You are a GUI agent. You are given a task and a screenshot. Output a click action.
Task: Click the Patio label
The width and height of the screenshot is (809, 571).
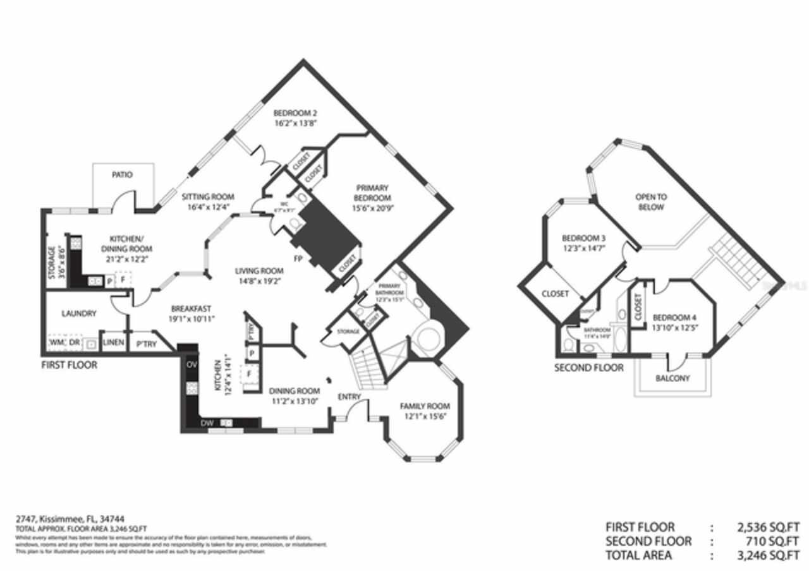point(123,174)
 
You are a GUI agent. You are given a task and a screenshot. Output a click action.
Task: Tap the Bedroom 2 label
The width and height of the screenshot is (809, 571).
point(295,113)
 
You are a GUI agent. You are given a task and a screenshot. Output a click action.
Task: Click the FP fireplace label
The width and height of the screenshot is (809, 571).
point(297,259)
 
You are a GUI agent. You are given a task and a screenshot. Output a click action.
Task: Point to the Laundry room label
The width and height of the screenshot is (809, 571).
point(79,313)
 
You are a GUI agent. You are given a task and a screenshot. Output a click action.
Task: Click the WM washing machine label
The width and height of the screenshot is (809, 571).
point(56,342)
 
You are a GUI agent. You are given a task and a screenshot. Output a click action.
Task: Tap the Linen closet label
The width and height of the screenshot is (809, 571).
point(113,342)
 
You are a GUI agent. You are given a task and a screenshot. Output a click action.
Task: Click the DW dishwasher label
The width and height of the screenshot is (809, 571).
point(207,423)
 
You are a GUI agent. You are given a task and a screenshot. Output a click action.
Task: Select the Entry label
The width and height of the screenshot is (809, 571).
point(349,397)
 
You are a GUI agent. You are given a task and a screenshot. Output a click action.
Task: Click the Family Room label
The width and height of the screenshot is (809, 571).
point(424,406)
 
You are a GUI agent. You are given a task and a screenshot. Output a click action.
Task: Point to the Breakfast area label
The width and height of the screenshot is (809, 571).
point(191,309)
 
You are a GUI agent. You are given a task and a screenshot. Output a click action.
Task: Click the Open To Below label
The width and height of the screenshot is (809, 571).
point(651,202)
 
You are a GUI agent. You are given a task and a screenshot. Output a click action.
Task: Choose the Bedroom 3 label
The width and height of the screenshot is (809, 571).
point(584,238)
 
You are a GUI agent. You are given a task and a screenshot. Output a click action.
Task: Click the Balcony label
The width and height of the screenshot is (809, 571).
point(672,378)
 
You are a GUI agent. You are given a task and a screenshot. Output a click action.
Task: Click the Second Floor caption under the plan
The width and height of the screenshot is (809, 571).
point(588,368)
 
